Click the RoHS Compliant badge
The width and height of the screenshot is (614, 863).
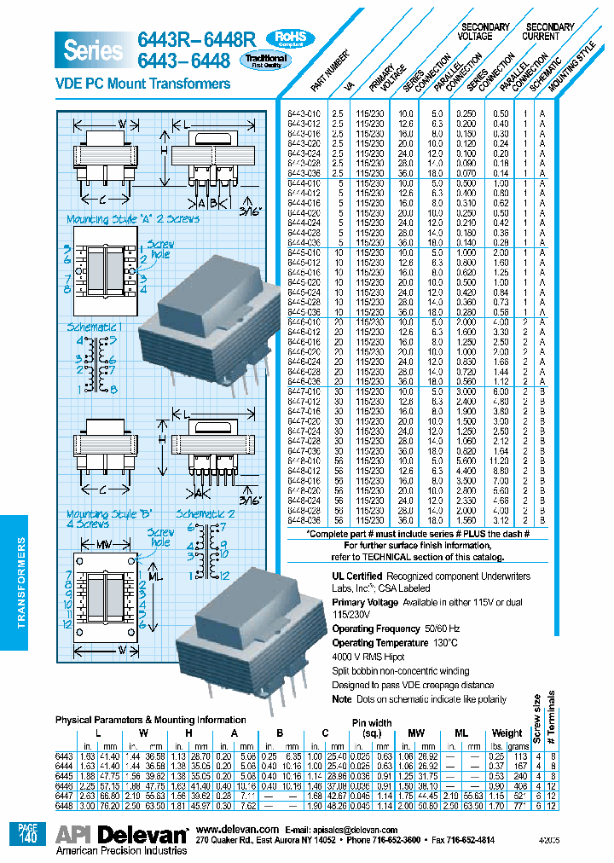coord(291,38)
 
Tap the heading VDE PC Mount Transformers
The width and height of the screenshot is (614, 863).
coord(142,84)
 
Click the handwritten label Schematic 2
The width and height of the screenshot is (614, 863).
coord(206,514)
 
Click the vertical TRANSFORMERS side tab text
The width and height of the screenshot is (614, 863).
coord(24,587)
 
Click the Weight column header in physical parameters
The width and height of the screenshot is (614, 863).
coord(507,733)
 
